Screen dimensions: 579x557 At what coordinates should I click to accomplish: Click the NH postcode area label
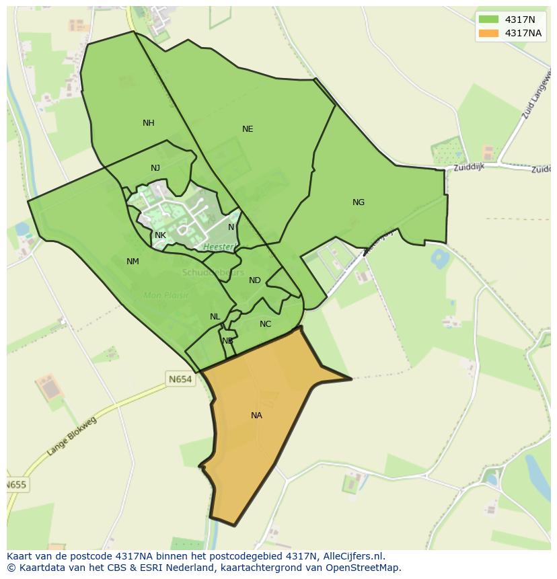[x=149, y=123]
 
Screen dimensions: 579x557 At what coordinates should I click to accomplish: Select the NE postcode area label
[x=248, y=129]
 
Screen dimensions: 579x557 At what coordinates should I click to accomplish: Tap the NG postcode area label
[x=359, y=202]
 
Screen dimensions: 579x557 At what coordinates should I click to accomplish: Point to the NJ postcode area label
[x=155, y=168]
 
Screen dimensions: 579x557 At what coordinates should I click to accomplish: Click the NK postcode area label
[x=160, y=235]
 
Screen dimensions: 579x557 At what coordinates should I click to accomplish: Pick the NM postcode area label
[x=133, y=262]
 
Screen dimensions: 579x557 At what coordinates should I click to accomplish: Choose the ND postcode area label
[x=255, y=280]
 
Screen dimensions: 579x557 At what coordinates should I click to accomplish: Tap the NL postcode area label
[x=215, y=317]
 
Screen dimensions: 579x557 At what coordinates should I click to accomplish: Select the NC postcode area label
[x=266, y=324]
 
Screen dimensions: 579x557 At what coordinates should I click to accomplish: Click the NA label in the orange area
[x=256, y=416]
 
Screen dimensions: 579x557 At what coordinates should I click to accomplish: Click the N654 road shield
[x=180, y=379]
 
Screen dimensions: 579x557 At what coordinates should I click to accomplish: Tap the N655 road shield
[x=16, y=485]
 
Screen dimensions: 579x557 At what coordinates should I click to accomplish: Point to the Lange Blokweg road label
[x=72, y=437]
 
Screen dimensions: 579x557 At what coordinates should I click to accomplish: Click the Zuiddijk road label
[x=470, y=167]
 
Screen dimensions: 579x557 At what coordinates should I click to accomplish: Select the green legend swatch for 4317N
[x=488, y=20]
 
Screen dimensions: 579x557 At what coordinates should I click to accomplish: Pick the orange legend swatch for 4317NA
[x=488, y=33]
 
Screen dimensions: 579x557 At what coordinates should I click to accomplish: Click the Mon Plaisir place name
[x=166, y=295]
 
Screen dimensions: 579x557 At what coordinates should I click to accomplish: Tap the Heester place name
[x=218, y=247]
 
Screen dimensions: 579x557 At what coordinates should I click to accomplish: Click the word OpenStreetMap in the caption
[x=365, y=568]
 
